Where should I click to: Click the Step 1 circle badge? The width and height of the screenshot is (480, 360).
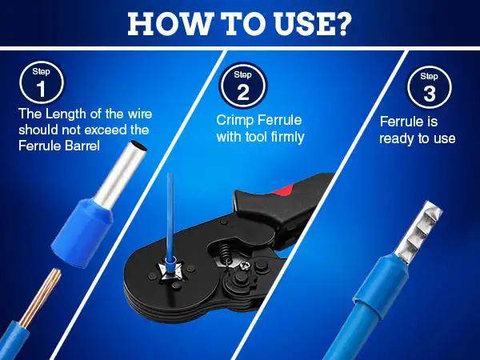42,83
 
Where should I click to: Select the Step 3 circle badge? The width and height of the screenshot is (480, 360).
429,88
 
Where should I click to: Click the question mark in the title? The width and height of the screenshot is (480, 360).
341,24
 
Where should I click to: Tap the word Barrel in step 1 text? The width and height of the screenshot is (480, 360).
82,145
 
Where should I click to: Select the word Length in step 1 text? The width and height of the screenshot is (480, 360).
66,114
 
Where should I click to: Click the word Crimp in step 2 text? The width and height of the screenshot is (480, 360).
233,120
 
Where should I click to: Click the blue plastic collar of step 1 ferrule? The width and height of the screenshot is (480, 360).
82,232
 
